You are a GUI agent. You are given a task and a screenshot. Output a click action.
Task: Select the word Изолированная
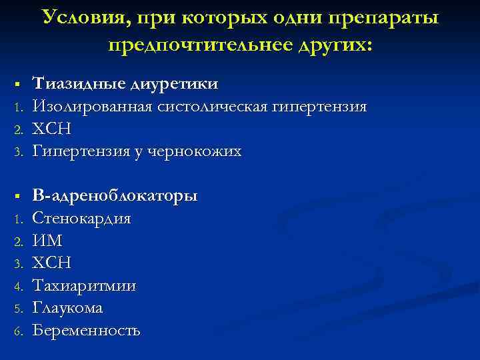point(94,107)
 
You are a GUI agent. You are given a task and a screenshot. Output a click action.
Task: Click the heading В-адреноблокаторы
point(115,196)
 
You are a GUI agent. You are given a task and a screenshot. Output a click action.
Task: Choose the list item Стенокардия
point(82,219)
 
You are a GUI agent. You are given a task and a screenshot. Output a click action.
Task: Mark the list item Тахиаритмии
point(85,286)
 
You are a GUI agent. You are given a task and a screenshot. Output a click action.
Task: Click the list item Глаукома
point(68,308)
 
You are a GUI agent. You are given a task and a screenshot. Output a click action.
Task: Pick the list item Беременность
point(87,331)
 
